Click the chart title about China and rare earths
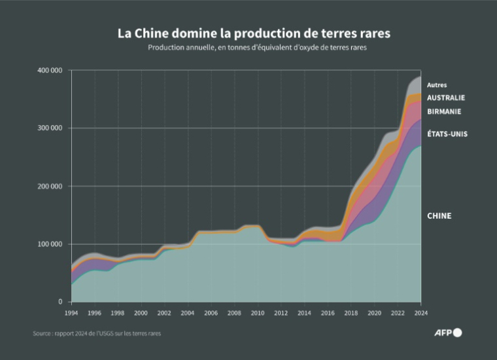tap(248, 33)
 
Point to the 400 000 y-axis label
tap(49, 70)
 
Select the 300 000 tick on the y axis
tap(49, 128)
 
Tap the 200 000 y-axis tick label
tap(49, 187)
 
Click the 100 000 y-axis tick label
tap(49, 244)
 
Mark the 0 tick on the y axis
tap(60, 302)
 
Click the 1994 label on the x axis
tap(71, 314)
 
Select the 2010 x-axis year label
tap(258, 314)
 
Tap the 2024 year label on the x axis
tap(420, 314)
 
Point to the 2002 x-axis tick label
tap(164, 314)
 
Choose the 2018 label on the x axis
tap(351, 314)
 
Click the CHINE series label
tap(439, 216)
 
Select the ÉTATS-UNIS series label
tap(447, 134)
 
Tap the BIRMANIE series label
tap(444, 111)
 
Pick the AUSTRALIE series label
tap(446, 98)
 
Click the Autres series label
tap(437, 85)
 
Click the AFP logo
tap(449, 333)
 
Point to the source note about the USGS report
tap(97, 333)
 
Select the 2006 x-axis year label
tap(211, 314)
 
